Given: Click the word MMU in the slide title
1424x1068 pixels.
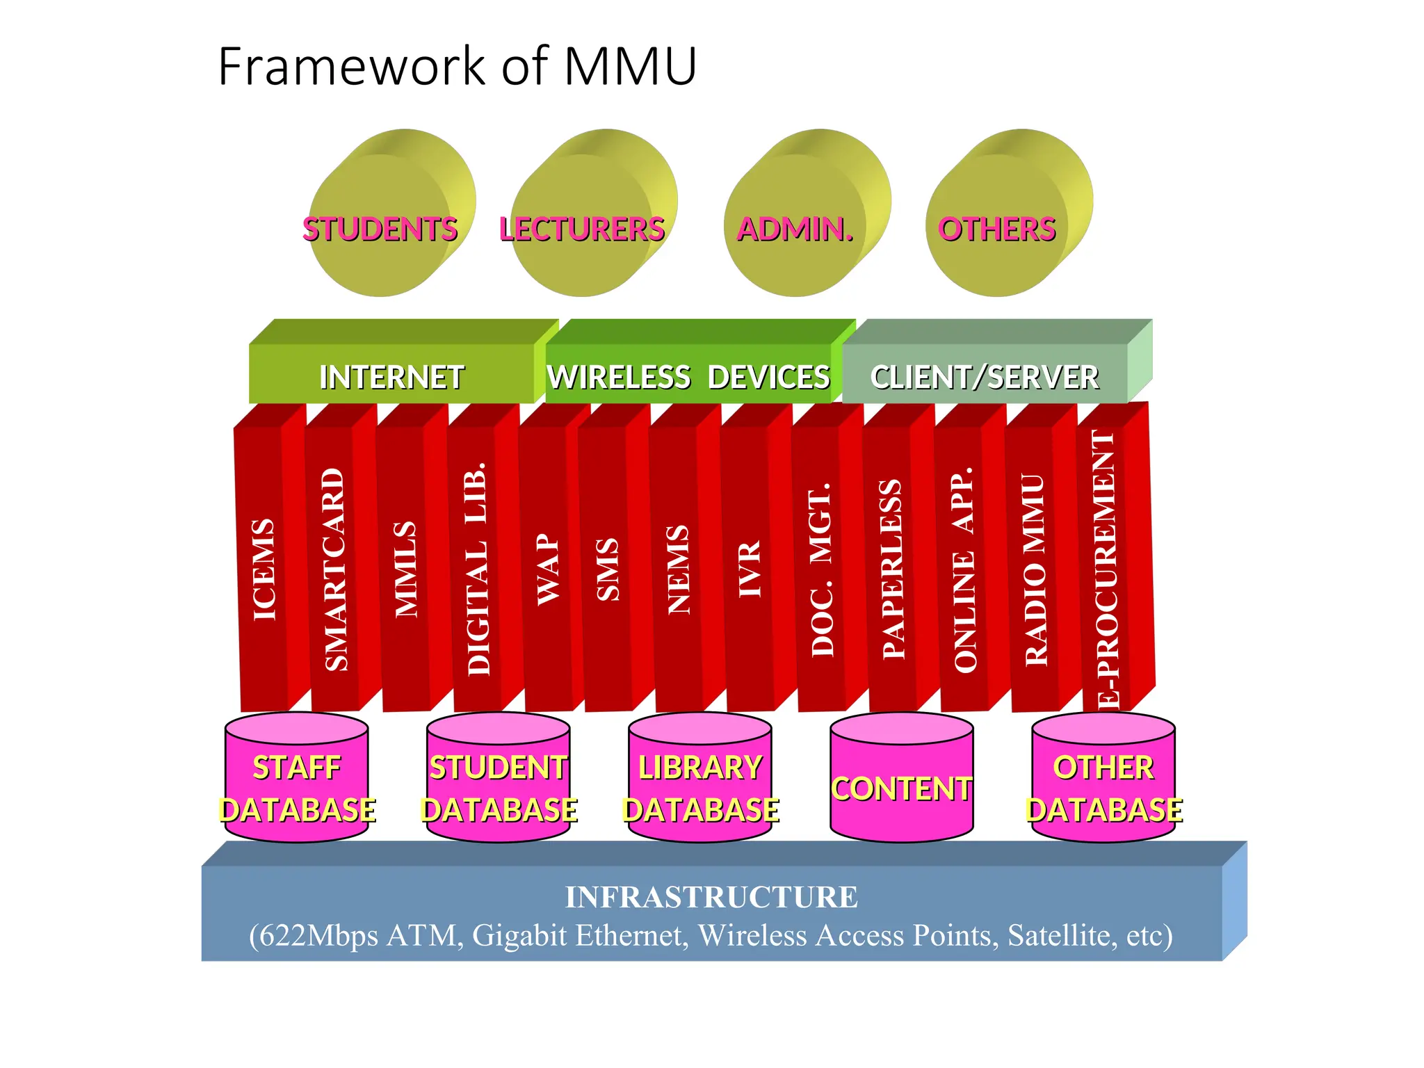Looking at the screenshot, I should (x=629, y=67).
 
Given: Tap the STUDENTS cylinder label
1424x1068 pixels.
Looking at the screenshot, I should (x=380, y=229).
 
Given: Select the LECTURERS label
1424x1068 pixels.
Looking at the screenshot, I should (x=582, y=229).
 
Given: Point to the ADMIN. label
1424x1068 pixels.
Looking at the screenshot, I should (x=795, y=229).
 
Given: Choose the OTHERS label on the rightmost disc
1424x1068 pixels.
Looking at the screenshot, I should (x=996, y=229).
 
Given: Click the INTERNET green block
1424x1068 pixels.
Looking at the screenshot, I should (x=391, y=377).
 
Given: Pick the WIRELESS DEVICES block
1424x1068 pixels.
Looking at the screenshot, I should (x=688, y=377).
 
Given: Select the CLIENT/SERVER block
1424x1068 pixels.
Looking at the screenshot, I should (x=984, y=377).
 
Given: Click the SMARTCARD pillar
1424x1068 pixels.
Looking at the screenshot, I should (x=335, y=569).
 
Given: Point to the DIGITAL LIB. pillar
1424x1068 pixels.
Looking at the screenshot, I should (x=478, y=569).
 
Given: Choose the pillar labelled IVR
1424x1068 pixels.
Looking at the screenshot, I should (x=749, y=569).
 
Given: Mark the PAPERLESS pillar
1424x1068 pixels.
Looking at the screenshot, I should (x=892, y=569).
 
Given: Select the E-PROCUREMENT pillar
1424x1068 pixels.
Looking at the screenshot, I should (x=1106, y=569).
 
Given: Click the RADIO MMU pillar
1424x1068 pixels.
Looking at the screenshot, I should (x=1035, y=569).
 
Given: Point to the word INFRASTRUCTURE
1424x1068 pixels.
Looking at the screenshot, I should (x=711, y=897).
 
